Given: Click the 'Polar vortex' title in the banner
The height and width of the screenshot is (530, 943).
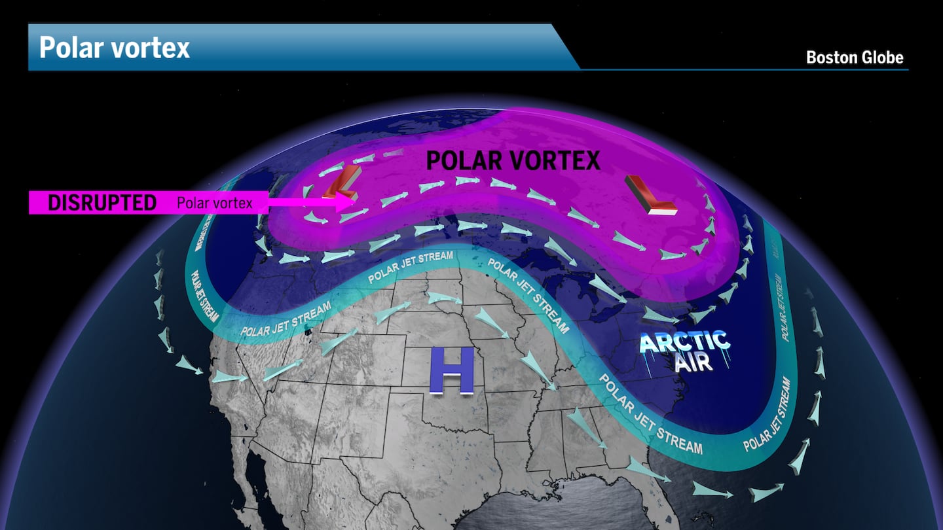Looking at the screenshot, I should pos(115,48).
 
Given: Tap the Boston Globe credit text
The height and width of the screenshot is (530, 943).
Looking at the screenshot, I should pos(855,58).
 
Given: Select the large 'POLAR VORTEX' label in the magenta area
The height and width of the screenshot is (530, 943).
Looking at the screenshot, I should pos(513,160).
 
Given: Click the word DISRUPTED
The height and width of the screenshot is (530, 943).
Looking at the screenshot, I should pos(102,203).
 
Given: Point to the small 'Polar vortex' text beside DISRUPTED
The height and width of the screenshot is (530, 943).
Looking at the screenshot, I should pos(214,203).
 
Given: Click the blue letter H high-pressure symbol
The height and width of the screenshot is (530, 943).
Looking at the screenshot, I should pos(451,370).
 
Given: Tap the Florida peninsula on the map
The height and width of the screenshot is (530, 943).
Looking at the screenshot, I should pos(661,517).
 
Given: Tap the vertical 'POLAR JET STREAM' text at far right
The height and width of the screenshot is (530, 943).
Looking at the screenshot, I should pos(780,308).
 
